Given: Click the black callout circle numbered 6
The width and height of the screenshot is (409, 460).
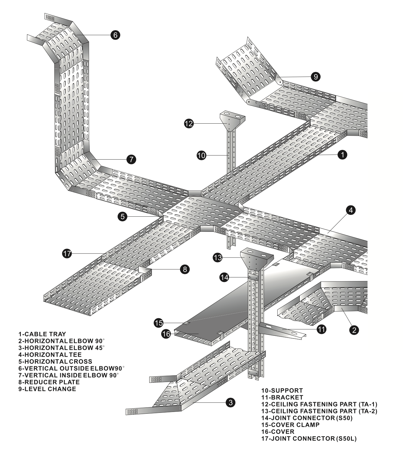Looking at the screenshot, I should click(115, 35).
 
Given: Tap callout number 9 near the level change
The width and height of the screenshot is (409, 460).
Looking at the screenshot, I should click(316, 77).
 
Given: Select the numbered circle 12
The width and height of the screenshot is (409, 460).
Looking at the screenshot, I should click(189, 123).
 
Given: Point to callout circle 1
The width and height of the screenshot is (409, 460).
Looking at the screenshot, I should click(342, 155).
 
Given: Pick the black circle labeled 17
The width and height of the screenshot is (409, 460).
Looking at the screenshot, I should click(67, 253).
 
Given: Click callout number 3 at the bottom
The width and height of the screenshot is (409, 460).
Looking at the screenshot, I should click(231, 402).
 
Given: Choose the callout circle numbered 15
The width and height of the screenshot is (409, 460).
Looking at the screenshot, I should click(159, 323).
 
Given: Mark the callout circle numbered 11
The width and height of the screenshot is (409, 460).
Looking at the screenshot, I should click(322, 329).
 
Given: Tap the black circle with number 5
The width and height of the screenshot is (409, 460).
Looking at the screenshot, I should click(123, 216).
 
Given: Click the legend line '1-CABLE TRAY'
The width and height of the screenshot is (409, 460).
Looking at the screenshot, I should click(42, 334).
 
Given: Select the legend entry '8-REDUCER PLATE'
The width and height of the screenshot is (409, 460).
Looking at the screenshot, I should click(49, 382).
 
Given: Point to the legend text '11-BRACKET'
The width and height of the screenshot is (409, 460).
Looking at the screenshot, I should click(282, 397).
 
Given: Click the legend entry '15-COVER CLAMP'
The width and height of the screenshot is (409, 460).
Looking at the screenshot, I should click(290, 425).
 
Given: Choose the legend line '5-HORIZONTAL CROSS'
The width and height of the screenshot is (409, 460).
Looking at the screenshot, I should click(55, 361).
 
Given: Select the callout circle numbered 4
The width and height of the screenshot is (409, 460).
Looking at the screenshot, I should click(351, 210).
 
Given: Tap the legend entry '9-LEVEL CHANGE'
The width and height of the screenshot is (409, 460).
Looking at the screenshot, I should click(47, 389).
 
